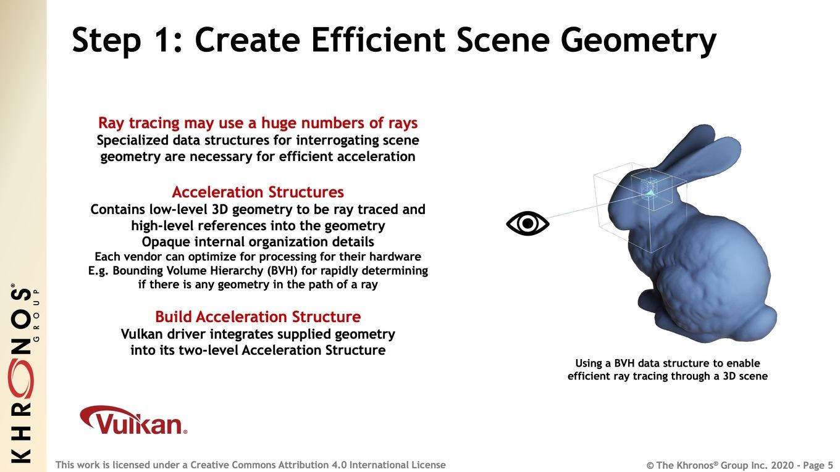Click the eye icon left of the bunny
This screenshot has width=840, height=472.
pyautogui.click(x=527, y=223)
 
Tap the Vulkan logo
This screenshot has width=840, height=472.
pyautogui.click(x=133, y=420)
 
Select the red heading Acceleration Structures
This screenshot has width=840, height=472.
pyautogui.click(x=258, y=192)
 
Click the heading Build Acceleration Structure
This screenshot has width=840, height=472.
pyautogui.click(x=258, y=317)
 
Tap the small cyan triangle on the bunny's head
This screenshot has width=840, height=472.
pyautogui.click(x=650, y=193)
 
